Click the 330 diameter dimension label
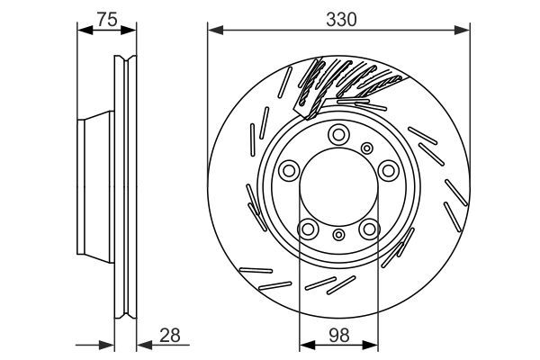point(338,17)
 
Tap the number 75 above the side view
point(107,17)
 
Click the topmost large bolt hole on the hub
point(338,135)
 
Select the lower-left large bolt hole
point(307,229)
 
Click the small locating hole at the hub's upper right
point(366,148)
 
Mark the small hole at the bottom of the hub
point(338,236)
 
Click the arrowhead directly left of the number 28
point(141,344)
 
